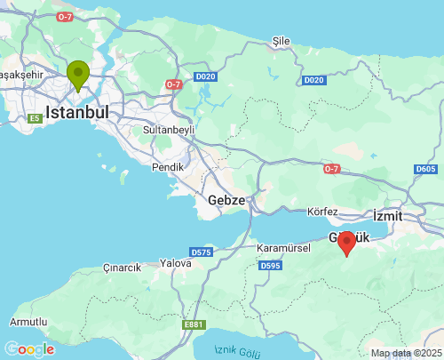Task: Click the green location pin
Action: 78,75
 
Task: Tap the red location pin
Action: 346,242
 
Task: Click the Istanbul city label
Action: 77,113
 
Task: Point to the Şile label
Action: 281,41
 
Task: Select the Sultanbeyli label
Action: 168,130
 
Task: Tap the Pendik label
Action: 168,166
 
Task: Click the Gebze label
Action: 226,200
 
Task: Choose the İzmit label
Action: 387,216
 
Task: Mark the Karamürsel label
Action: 282,247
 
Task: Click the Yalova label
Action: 175,263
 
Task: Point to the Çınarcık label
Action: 122,268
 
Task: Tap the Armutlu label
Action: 28,321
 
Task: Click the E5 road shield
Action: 36,118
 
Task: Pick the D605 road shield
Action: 426,169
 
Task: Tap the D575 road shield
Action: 201,252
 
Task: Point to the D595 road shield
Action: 270,265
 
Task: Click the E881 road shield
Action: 194,324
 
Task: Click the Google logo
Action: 29,349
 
